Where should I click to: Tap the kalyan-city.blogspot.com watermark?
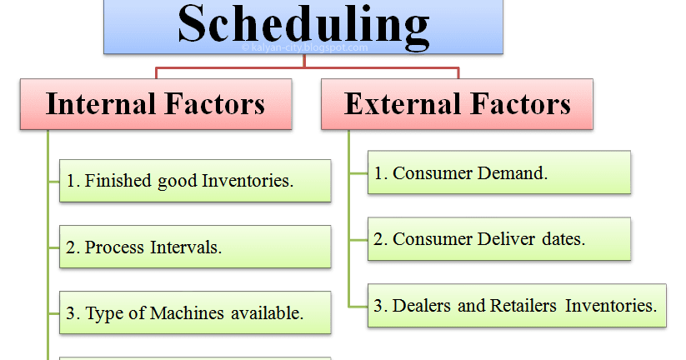pyautogui.click(x=305, y=47)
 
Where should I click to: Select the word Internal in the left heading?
pyautogui.click(x=101, y=104)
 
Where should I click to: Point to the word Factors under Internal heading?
pyautogui.click(x=215, y=104)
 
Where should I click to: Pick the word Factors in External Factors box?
pyautogui.click(x=521, y=104)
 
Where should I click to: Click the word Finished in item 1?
pyautogui.click(x=118, y=181)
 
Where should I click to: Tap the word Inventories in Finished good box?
pyautogui.click(x=248, y=181)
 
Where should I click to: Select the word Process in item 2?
pyautogui.click(x=114, y=247)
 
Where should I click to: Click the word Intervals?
pyautogui.click(x=186, y=247)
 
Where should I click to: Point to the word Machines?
pyautogui.click(x=188, y=313)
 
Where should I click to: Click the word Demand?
pyautogui.click(x=513, y=173)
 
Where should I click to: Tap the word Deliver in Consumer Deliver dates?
pyautogui.click(x=506, y=239)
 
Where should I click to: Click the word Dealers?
pyautogui.click(x=421, y=306)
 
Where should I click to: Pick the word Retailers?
pyautogui.click(x=523, y=306)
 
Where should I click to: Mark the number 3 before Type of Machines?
pyautogui.click(x=71, y=313)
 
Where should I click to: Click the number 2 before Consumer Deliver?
pyautogui.click(x=378, y=240)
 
